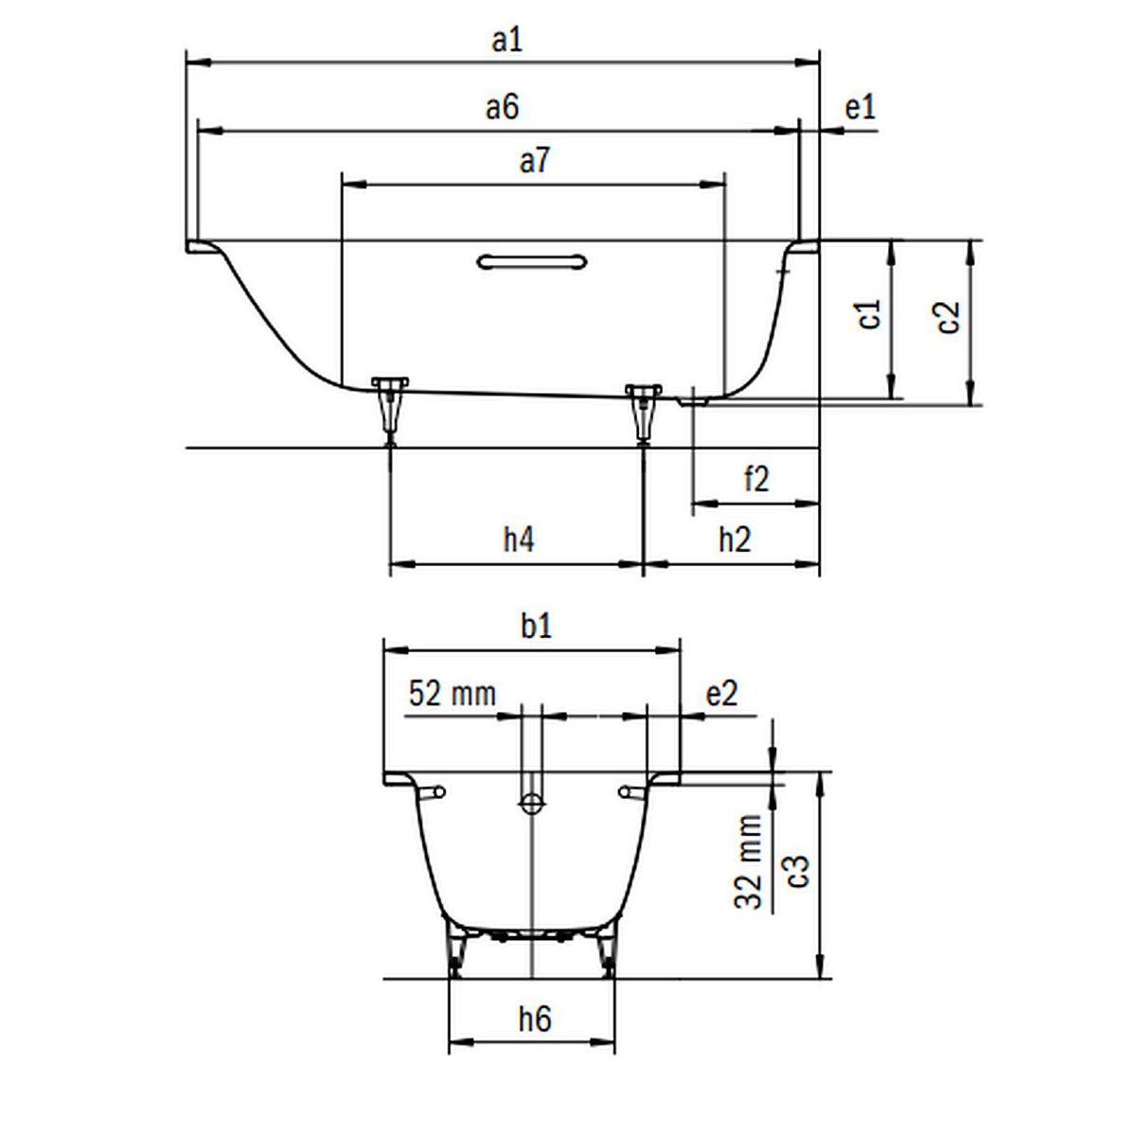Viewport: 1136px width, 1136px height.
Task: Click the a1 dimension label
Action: tap(507, 42)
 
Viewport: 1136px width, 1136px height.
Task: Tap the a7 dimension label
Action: tap(535, 161)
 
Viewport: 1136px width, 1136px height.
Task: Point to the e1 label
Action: tap(861, 108)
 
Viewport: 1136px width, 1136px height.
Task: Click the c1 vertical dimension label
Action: tap(870, 313)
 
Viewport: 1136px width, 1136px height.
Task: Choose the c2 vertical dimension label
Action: tap(948, 318)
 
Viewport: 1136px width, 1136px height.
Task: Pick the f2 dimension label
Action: tap(756, 478)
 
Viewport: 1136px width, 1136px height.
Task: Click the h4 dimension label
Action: tap(519, 540)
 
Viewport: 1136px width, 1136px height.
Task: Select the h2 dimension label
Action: tap(736, 540)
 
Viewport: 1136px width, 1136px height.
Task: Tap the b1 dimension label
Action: tap(536, 626)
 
